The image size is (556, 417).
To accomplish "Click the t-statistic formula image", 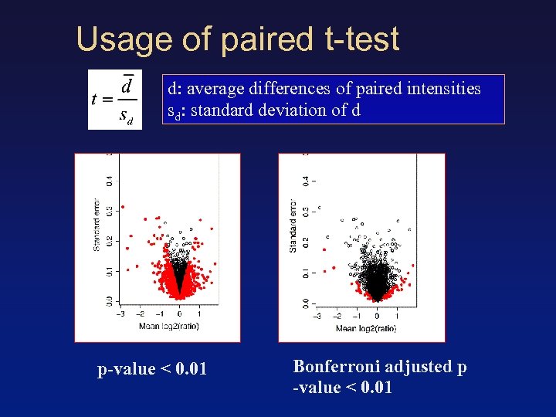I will coord(114,100).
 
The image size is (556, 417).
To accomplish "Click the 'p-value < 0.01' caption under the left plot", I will coord(152,369).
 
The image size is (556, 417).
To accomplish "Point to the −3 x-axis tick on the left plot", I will coord(120,314).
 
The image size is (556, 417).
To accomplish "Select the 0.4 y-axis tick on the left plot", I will coord(109,181).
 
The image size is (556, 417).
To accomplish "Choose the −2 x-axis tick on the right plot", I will coord(337,316).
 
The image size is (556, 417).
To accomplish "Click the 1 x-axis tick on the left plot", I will coord(199,314).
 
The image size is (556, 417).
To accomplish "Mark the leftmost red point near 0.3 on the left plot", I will coord(122,207).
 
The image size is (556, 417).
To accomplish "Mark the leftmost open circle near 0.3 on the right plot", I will coord(320,208).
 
